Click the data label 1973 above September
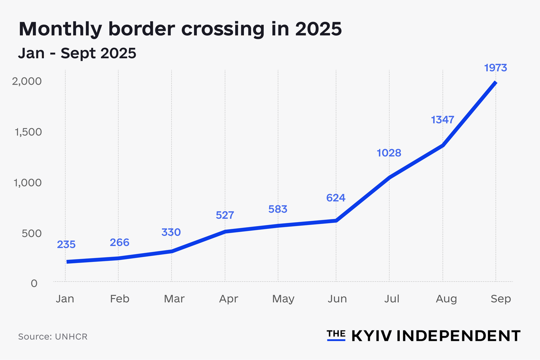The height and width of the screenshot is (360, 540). click(x=495, y=67)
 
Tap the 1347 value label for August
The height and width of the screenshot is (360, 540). click(x=442, y=120)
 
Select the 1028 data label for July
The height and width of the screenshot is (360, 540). click(x=389, y=153)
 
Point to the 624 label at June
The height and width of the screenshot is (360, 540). click(x=336, y=198)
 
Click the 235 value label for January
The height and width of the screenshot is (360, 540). click(x=66, y=244)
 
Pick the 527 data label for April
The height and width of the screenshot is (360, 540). click(x=225, y=215)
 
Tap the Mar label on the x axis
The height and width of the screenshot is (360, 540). click(x=174, y=299)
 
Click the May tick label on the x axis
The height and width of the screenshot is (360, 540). click(x=283, y=299)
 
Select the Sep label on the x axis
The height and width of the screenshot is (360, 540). click(x=501, y=299)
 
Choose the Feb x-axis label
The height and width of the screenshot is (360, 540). click(x=120, y=299)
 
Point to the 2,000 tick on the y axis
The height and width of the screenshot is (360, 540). click(x=27, y=81)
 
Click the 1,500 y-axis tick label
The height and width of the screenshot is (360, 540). click(x=28, y=132)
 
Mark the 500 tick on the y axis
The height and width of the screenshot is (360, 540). click(x=32, y=233)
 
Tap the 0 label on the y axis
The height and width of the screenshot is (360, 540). click(x=34, y=283)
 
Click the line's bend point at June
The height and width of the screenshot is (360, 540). click(x=336, y=220)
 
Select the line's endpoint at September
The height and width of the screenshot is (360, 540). click(x=495, y=83)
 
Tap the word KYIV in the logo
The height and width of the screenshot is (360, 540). click(x=372, y=336)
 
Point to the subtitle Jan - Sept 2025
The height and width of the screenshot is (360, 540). click(x=77, y=53)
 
